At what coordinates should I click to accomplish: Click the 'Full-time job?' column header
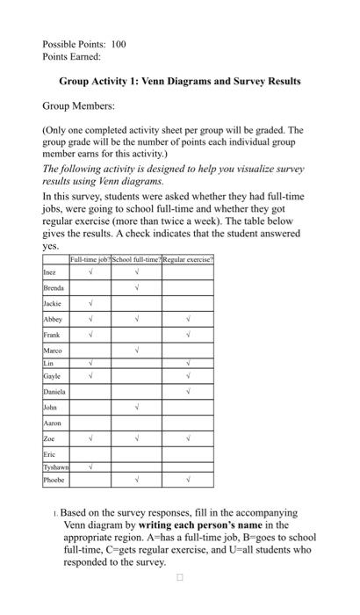coord(90,236)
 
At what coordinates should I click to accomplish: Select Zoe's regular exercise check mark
coord(188,437)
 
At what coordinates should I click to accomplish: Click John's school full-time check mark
coord(138,407)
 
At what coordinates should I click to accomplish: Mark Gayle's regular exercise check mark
coord(188,375)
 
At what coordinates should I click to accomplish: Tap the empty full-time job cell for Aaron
coord(90,423)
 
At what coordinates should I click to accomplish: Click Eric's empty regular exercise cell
coord(188,453)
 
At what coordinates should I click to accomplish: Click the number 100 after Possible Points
coord(118,43)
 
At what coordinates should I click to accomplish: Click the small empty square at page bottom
coord(179,578)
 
